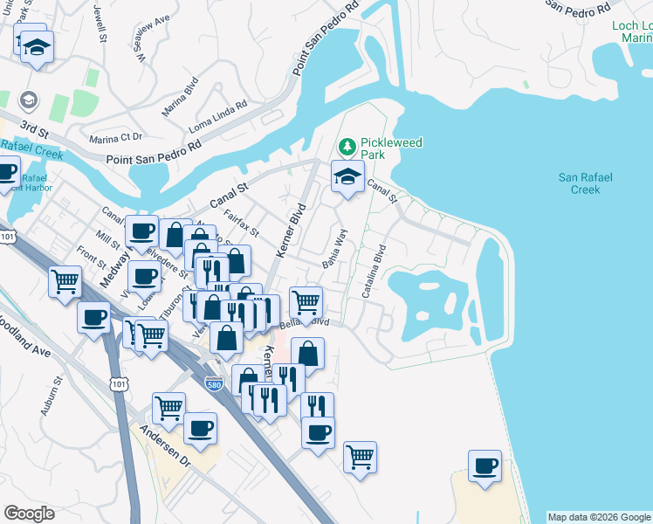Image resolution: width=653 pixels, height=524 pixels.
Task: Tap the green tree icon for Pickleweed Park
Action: pos(347,144)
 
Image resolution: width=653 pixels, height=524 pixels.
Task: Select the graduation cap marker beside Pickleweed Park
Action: pos(347,177)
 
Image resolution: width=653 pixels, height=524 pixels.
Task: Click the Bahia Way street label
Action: pos(337,250)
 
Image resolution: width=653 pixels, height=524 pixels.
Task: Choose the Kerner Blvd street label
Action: pos(293,229)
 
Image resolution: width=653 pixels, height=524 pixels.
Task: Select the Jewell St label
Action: pos(102,26)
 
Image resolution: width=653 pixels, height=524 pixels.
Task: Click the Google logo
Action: pos(29,514)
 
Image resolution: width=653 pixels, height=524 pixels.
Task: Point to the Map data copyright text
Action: pos(599,517)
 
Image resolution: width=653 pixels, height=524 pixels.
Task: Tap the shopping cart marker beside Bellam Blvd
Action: pos(306,302)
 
